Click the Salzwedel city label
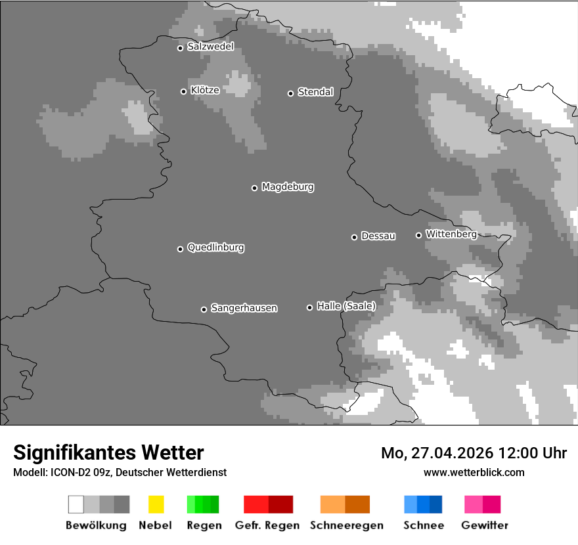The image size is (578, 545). click(210, 47)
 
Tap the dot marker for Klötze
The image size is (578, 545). click(183, 91)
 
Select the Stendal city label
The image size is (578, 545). click(315, 92)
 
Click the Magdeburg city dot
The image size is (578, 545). click(254, 188)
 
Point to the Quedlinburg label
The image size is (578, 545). click(215, 248)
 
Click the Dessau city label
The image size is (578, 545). click(378, 236)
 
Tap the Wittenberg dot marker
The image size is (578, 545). click(418, 235)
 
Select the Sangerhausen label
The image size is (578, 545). click(244, 308)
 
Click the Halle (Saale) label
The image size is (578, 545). click(346, 306)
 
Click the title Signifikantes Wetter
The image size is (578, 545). click(108, 452)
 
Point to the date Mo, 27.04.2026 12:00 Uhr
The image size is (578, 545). click(474, 453)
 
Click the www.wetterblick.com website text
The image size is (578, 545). click(474, 472)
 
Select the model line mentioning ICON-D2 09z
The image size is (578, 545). click(120, 472)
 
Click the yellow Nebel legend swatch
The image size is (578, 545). click(156, 504)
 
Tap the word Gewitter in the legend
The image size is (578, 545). click(485, 525)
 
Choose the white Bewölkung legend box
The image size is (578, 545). click(76, 504)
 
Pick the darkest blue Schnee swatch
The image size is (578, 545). click(435, 504)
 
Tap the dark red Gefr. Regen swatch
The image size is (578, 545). click(280, 504)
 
